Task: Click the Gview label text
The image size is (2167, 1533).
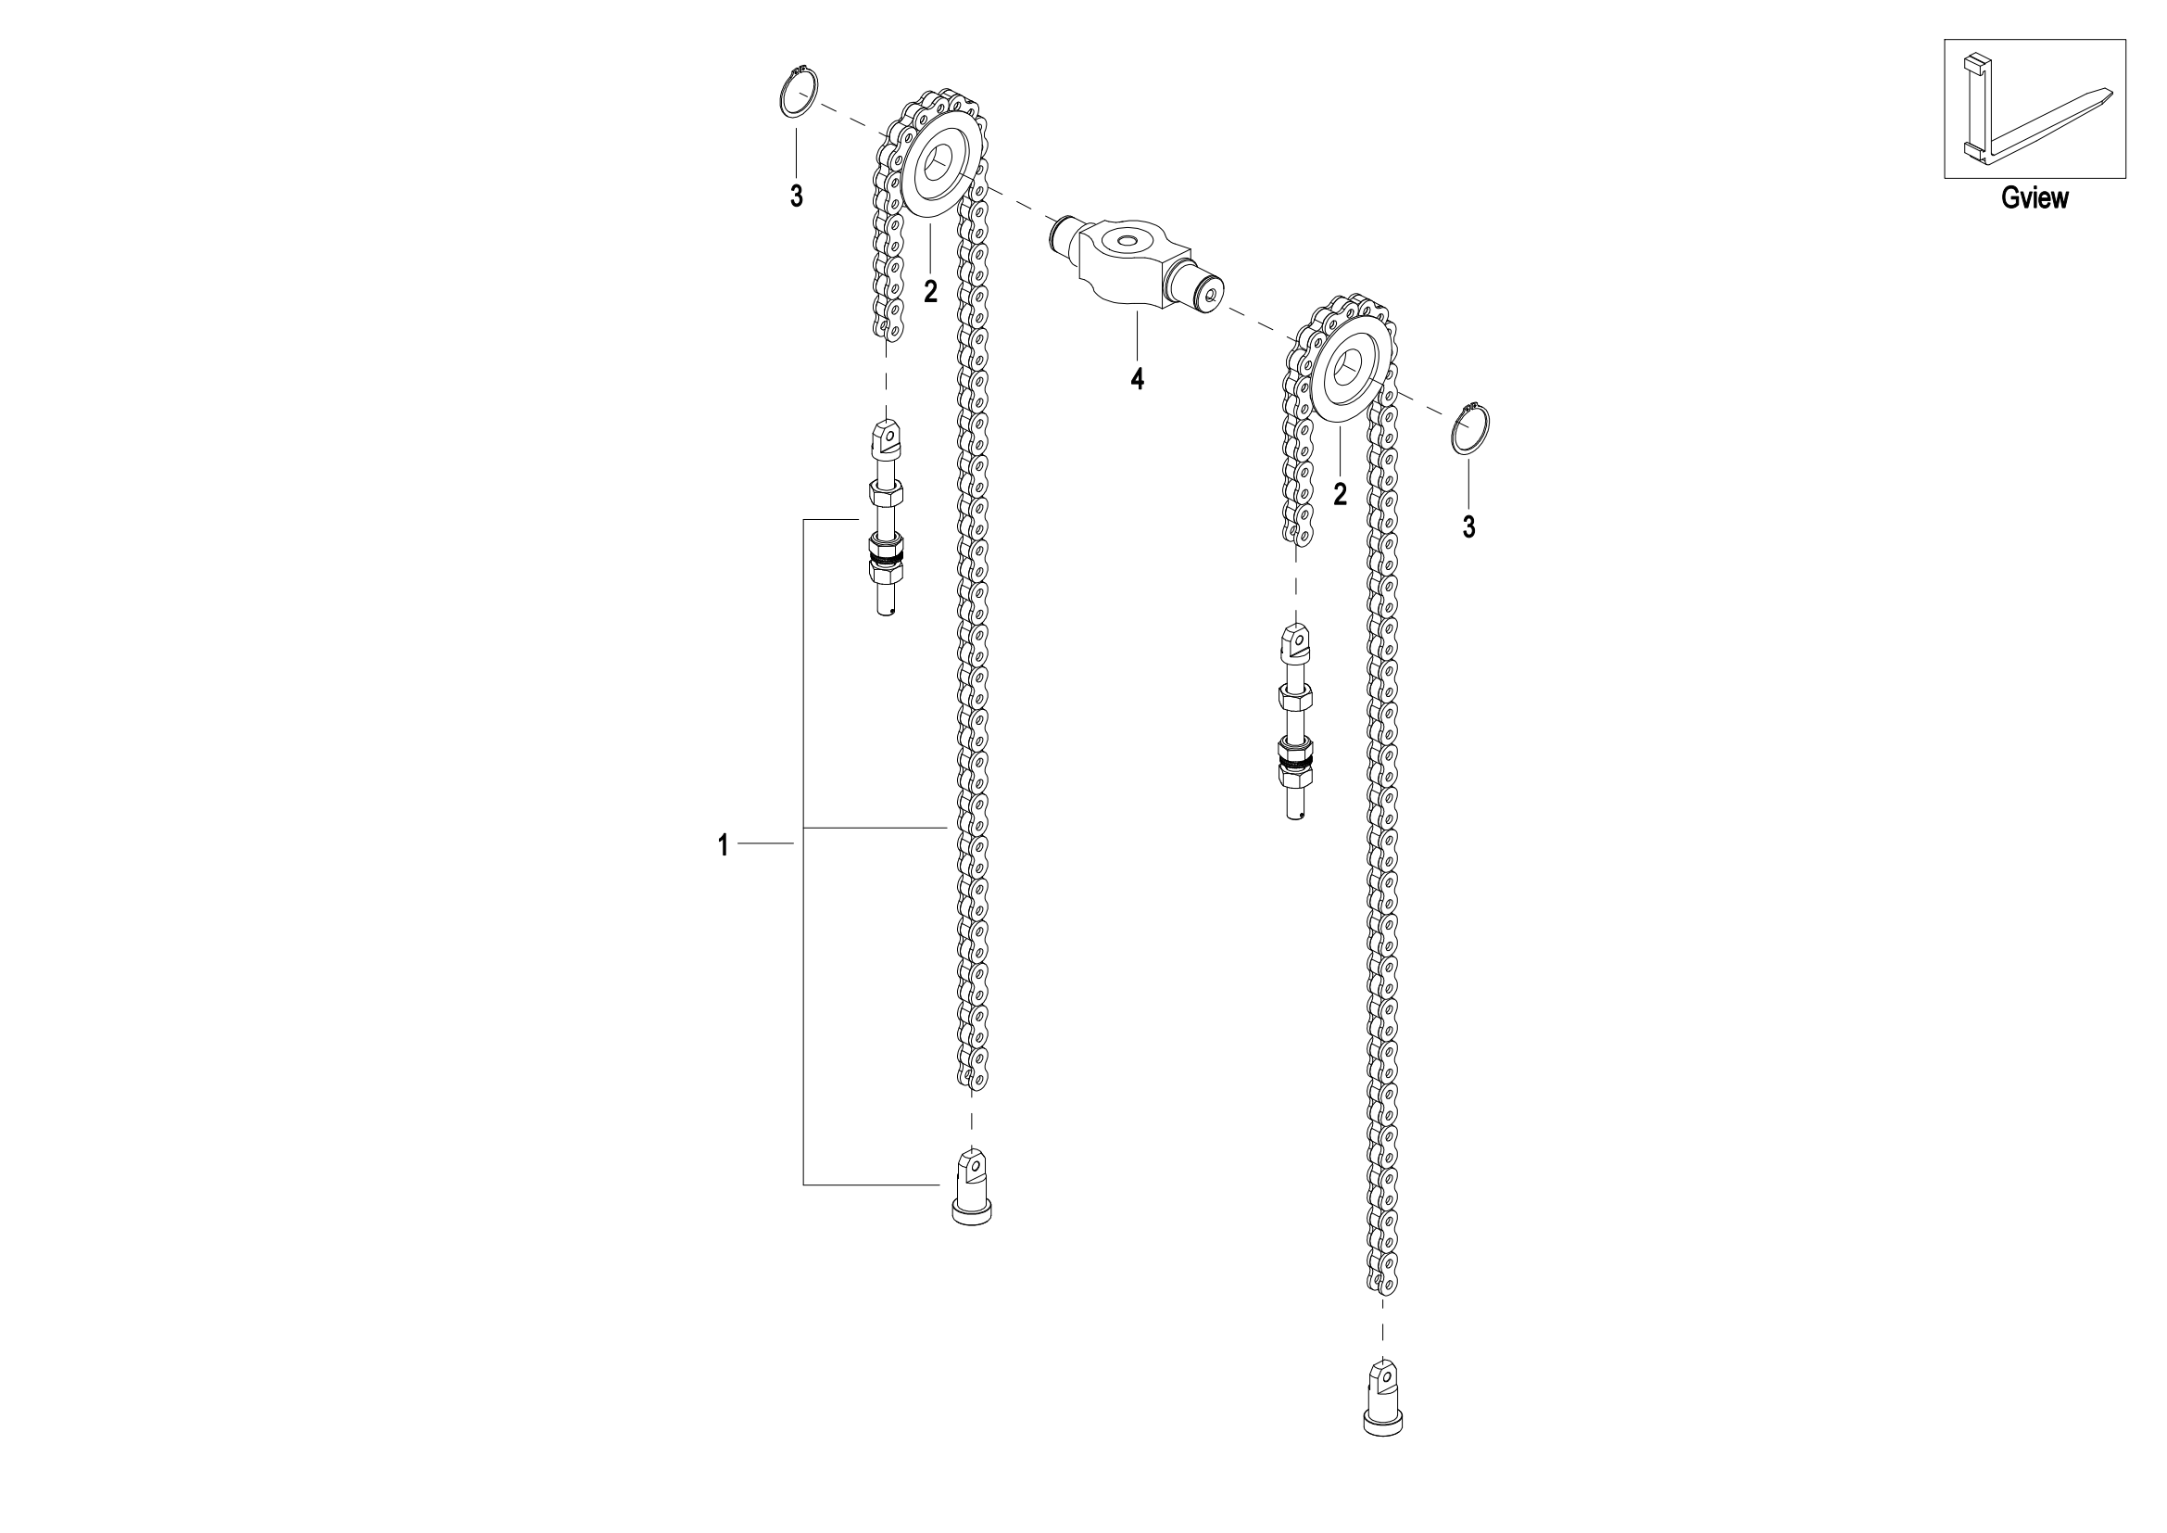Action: coord(2034,197)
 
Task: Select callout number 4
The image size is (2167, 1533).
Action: coord(1138,378)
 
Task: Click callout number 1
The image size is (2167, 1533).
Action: coord(723,845)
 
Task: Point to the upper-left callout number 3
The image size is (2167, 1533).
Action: coord(797,196)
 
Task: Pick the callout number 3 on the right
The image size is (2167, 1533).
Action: coord(1468,526)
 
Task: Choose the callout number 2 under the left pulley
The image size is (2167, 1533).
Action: coord(930,292)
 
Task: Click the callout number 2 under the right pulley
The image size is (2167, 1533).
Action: coord(1341,493)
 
